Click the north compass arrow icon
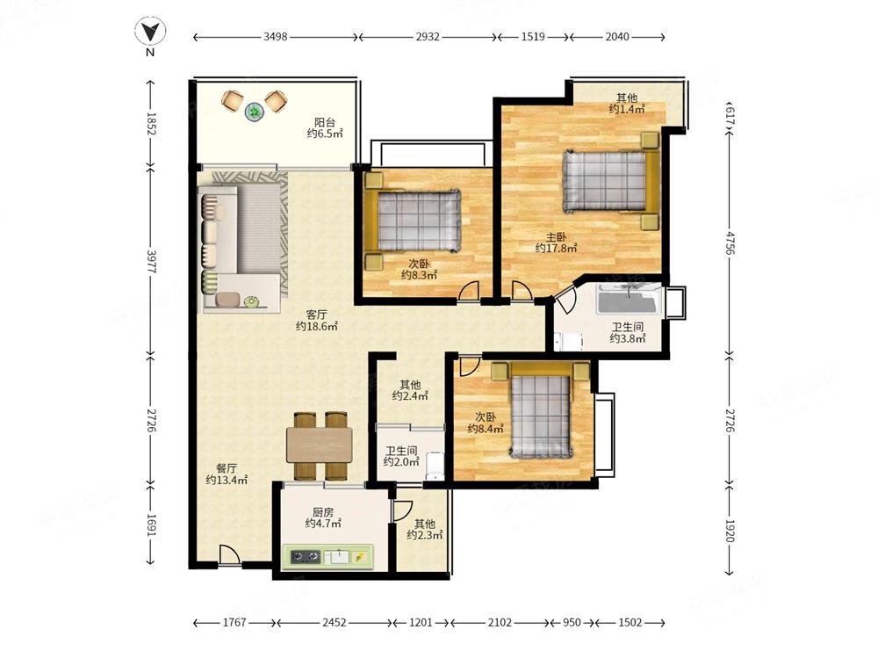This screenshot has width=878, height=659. point(150,31)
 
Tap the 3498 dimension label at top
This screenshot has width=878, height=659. point(276,37)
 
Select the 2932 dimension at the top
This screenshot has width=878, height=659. point(428,37)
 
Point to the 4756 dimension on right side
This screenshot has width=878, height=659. point(730,243)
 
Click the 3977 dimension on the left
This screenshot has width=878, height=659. point(151,261)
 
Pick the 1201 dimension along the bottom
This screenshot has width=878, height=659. point(421,623)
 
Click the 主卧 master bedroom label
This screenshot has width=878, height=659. point(557,237)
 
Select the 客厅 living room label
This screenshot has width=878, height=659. point(317,315)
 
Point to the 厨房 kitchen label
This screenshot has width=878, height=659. point(323,512)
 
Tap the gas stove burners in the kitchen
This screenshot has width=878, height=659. point(306,557)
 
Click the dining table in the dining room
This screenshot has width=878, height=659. point(320,445)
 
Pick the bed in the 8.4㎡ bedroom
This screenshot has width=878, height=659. point(541,409)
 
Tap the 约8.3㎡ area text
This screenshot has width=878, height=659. point(420,275)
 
